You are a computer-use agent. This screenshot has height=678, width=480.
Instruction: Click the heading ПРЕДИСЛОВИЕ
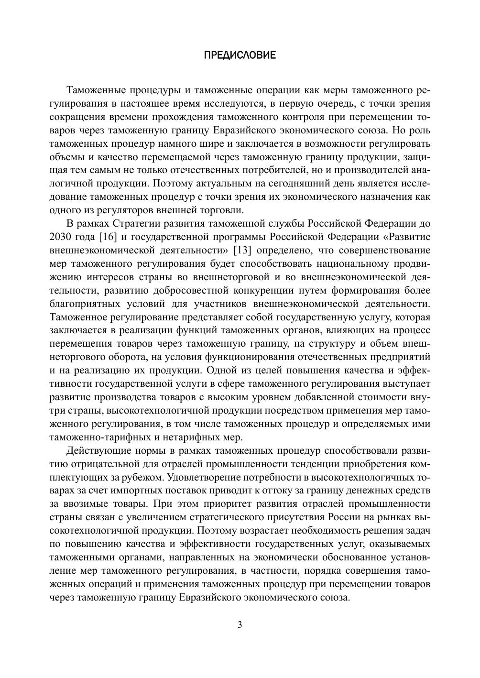[x=240, y=55]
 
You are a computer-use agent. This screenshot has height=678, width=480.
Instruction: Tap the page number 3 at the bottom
[x=240, y=625]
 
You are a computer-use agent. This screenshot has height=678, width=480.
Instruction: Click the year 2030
[x=61, y=237]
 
